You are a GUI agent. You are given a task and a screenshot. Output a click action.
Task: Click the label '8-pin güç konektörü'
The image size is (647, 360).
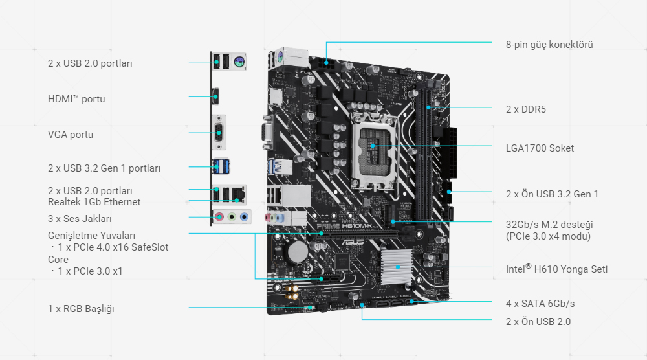coord(549,45)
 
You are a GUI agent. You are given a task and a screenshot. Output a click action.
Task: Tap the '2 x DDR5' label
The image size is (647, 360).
coord(525,109)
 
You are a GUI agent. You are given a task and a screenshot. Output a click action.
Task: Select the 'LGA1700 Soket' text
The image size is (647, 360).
coord(540,148)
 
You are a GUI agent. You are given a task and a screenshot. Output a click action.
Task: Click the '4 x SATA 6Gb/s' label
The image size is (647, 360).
coord(540,303)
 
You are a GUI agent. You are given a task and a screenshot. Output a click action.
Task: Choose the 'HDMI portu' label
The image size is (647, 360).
coord(76,99)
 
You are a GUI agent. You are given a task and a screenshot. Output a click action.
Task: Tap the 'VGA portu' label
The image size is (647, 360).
coord(71,135)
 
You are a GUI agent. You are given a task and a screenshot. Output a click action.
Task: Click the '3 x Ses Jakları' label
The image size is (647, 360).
coord(80,218)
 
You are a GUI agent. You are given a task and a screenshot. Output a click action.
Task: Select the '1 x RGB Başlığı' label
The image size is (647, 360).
coord(81,309)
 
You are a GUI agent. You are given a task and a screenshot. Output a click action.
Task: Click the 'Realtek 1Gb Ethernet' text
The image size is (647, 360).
coord(94,202)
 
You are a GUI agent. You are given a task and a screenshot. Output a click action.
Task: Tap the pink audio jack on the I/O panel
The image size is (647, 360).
coord(219,218)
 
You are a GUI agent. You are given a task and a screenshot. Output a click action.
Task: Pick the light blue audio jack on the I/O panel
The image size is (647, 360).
coord(243,218)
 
